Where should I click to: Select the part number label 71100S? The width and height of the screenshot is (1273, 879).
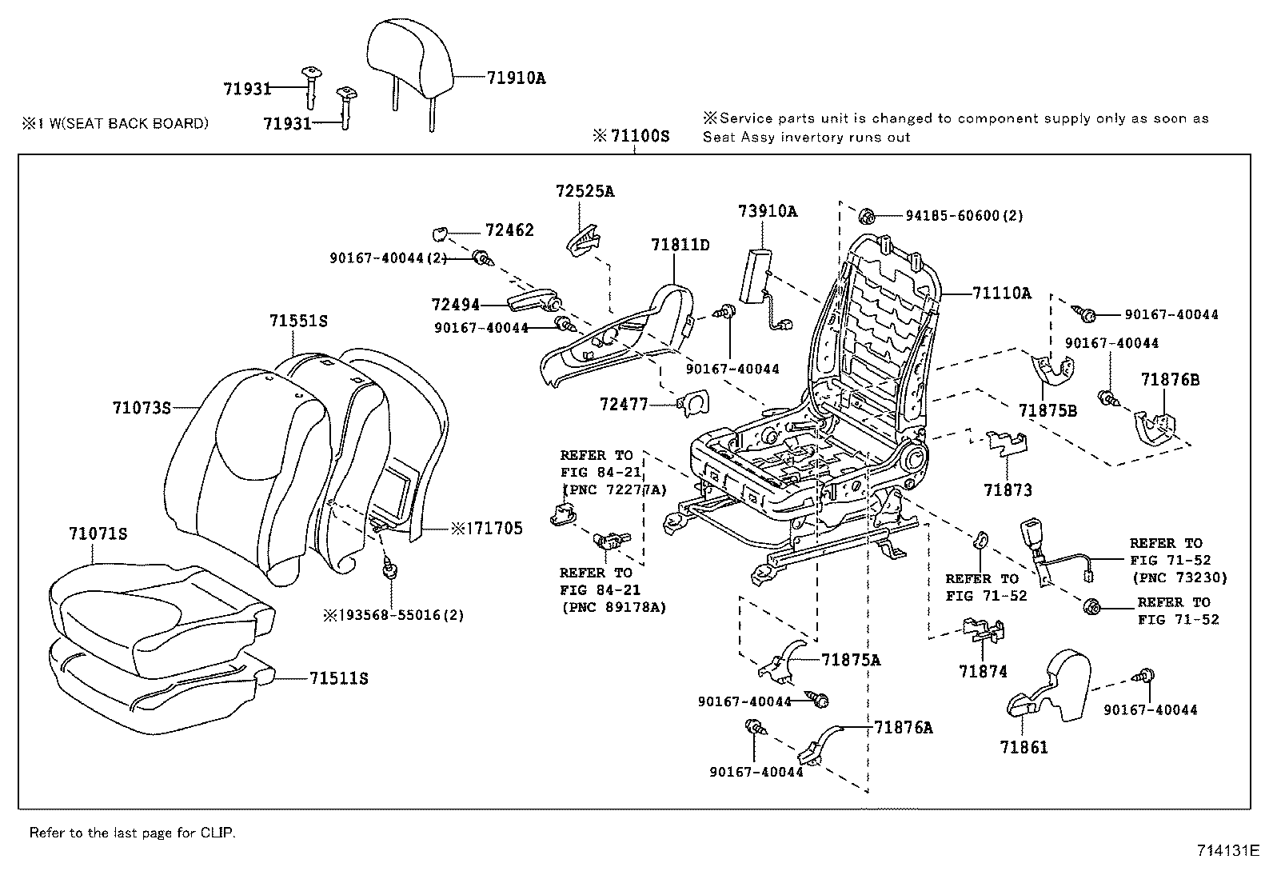click(x=638, y=136)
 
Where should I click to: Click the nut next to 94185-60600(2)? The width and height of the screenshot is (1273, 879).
click(x=867, y=216)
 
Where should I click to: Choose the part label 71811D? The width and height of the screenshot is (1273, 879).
click(x=680, y=245)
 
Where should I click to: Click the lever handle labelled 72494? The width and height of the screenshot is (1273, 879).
click(x=529, y=302)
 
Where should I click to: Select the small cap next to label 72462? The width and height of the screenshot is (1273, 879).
click(x=438, y=234)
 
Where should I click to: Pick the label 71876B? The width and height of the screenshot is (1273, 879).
click(x=1170, y=380)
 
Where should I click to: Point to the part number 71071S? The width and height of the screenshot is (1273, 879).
click(x=98, y=533)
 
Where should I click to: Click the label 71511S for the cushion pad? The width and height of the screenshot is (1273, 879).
click(x=339, y=678)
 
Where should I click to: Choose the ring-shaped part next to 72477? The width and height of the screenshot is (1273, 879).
click(x=692, y=403)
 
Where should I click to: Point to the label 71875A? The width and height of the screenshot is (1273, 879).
click(x=850, y=660)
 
